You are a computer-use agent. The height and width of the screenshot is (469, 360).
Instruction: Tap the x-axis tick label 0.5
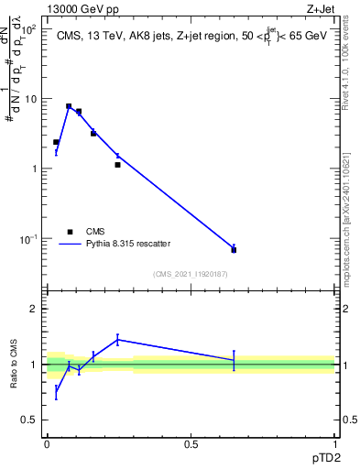point(191,442)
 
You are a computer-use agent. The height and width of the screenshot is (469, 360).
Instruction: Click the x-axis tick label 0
point(47,442)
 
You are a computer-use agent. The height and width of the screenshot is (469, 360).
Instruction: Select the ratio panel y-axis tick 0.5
point(30,420)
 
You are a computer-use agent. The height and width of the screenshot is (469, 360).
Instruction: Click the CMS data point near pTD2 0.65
point(234,250)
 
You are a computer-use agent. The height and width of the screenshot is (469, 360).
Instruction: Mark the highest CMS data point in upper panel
point(69,106)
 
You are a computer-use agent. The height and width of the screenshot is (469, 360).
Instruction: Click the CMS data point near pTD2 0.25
point(118,165)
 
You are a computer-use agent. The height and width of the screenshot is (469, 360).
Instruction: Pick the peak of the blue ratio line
point(118,340)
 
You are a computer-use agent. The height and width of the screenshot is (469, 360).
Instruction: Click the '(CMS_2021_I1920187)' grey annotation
point(191,274)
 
